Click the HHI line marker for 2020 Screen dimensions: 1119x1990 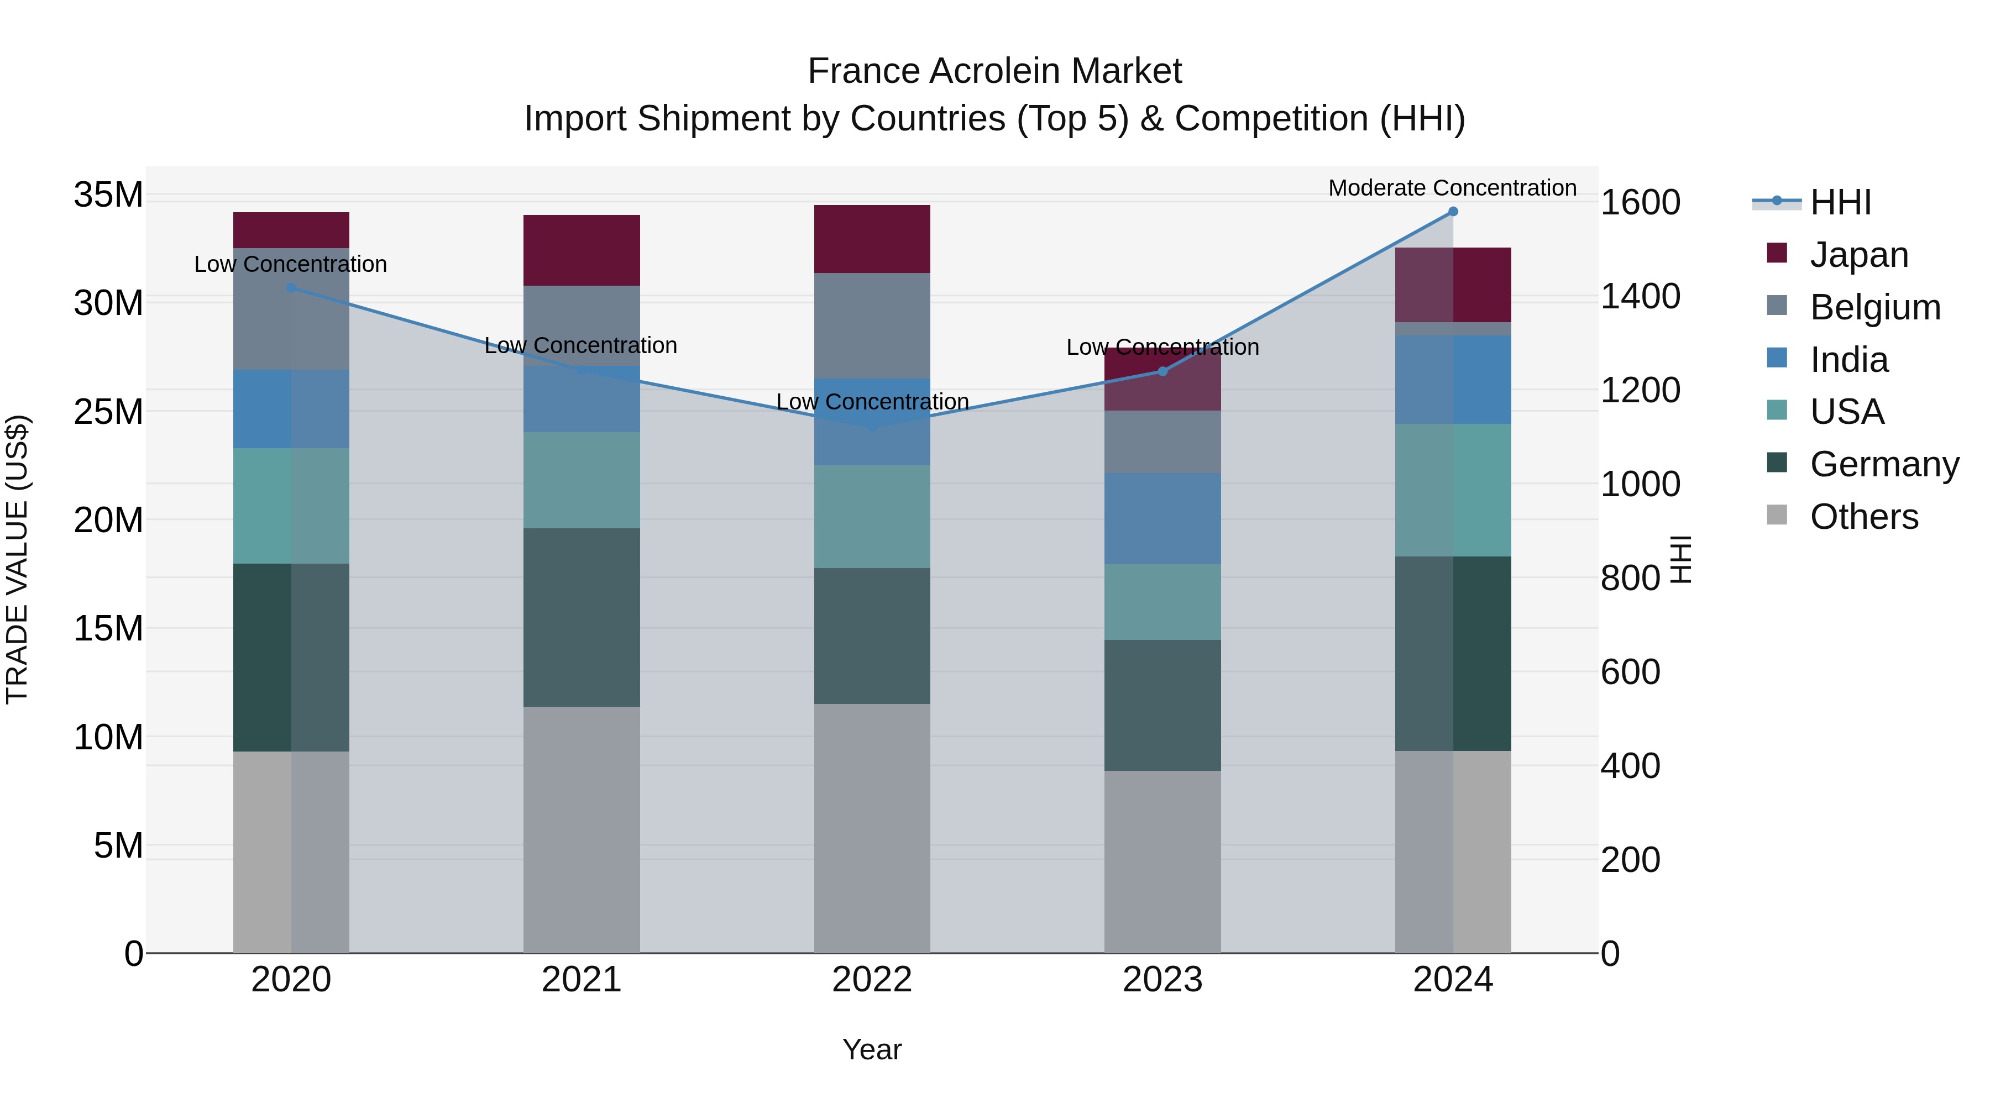(x=291, y=288)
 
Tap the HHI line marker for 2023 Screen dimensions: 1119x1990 (x=1162, y=371)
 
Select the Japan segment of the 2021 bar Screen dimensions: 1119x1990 (x=582, y=250)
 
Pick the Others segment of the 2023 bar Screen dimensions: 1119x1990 (x=1162, y=861)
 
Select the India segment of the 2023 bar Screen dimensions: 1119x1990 (x=1162, y=518)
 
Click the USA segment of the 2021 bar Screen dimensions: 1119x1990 (x=582, y=480)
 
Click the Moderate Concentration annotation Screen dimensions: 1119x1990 (x=1452, y=188)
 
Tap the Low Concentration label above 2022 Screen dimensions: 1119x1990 (x=872, y=402)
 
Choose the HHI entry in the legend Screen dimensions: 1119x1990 (x=1840, y=202)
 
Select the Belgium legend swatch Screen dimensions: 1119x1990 (x=1777, y=306)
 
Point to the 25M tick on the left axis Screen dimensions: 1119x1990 (x=108, y=412)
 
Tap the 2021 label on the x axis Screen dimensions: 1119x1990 (x=581, y=980)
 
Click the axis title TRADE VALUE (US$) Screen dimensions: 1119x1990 (x=18, y=559)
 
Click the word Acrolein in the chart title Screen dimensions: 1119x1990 (x=994, y=71)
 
